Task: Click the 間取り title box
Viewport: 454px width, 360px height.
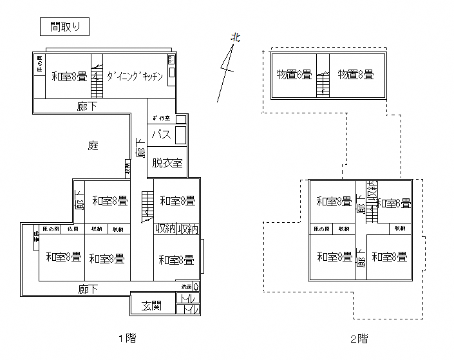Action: click(64, 27)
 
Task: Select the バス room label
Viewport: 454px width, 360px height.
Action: click(161, 135)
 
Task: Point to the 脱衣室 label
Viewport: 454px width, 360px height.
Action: click(167, 163)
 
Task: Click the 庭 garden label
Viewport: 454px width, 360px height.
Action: click(93, 146)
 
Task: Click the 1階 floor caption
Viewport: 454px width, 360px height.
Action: click(127, 337)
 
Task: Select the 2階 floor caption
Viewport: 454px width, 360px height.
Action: click(359, 338)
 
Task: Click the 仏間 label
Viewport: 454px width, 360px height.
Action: click(73, 229)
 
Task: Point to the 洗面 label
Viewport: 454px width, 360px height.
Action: click(186, 286)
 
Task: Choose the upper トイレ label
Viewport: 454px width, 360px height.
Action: click(189, 298)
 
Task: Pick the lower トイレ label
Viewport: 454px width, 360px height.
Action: click(189, 310)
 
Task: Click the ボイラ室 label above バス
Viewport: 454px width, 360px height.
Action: click(161, 119)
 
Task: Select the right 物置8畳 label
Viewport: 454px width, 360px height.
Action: click(355, 75)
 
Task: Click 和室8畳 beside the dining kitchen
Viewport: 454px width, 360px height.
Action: click(69, 76)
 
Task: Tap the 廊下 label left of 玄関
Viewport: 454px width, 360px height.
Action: click(89, 289)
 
